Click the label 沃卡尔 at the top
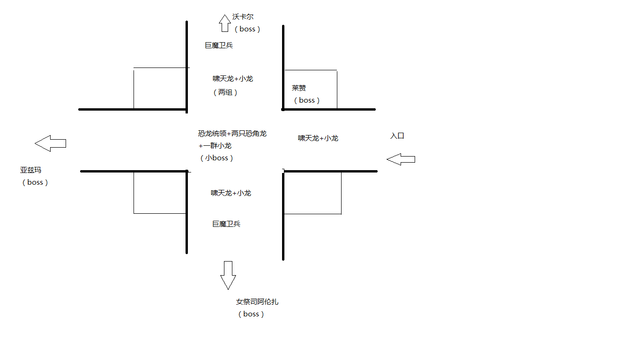(x=243, y=17)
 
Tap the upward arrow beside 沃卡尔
(x=224, y=22)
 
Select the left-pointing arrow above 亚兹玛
(x=50, y=143)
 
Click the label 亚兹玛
(x=30, y=170)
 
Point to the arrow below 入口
(x=401, y=159)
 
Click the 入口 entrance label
(x=397, y=136)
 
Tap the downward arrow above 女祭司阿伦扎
(x=228, y=275)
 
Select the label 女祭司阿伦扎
(x=257, y=302)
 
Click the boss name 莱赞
(x=299, y=88)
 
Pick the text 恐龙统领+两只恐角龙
(x=232, y=134)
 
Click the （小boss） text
(x=216, y=158)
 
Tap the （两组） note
(x=225, y=92)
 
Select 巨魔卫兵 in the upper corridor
(x=219, y=45)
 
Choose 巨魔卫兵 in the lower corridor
(x=226, y=224)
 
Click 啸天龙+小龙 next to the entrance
(x=318, y=138)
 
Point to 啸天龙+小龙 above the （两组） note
(x=233, y=79)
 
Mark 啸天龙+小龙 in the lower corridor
(x=231, y=193)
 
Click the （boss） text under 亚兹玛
(x=35, y=182)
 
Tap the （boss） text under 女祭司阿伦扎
(x=251, y=314)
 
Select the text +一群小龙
(x=215, y=146)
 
